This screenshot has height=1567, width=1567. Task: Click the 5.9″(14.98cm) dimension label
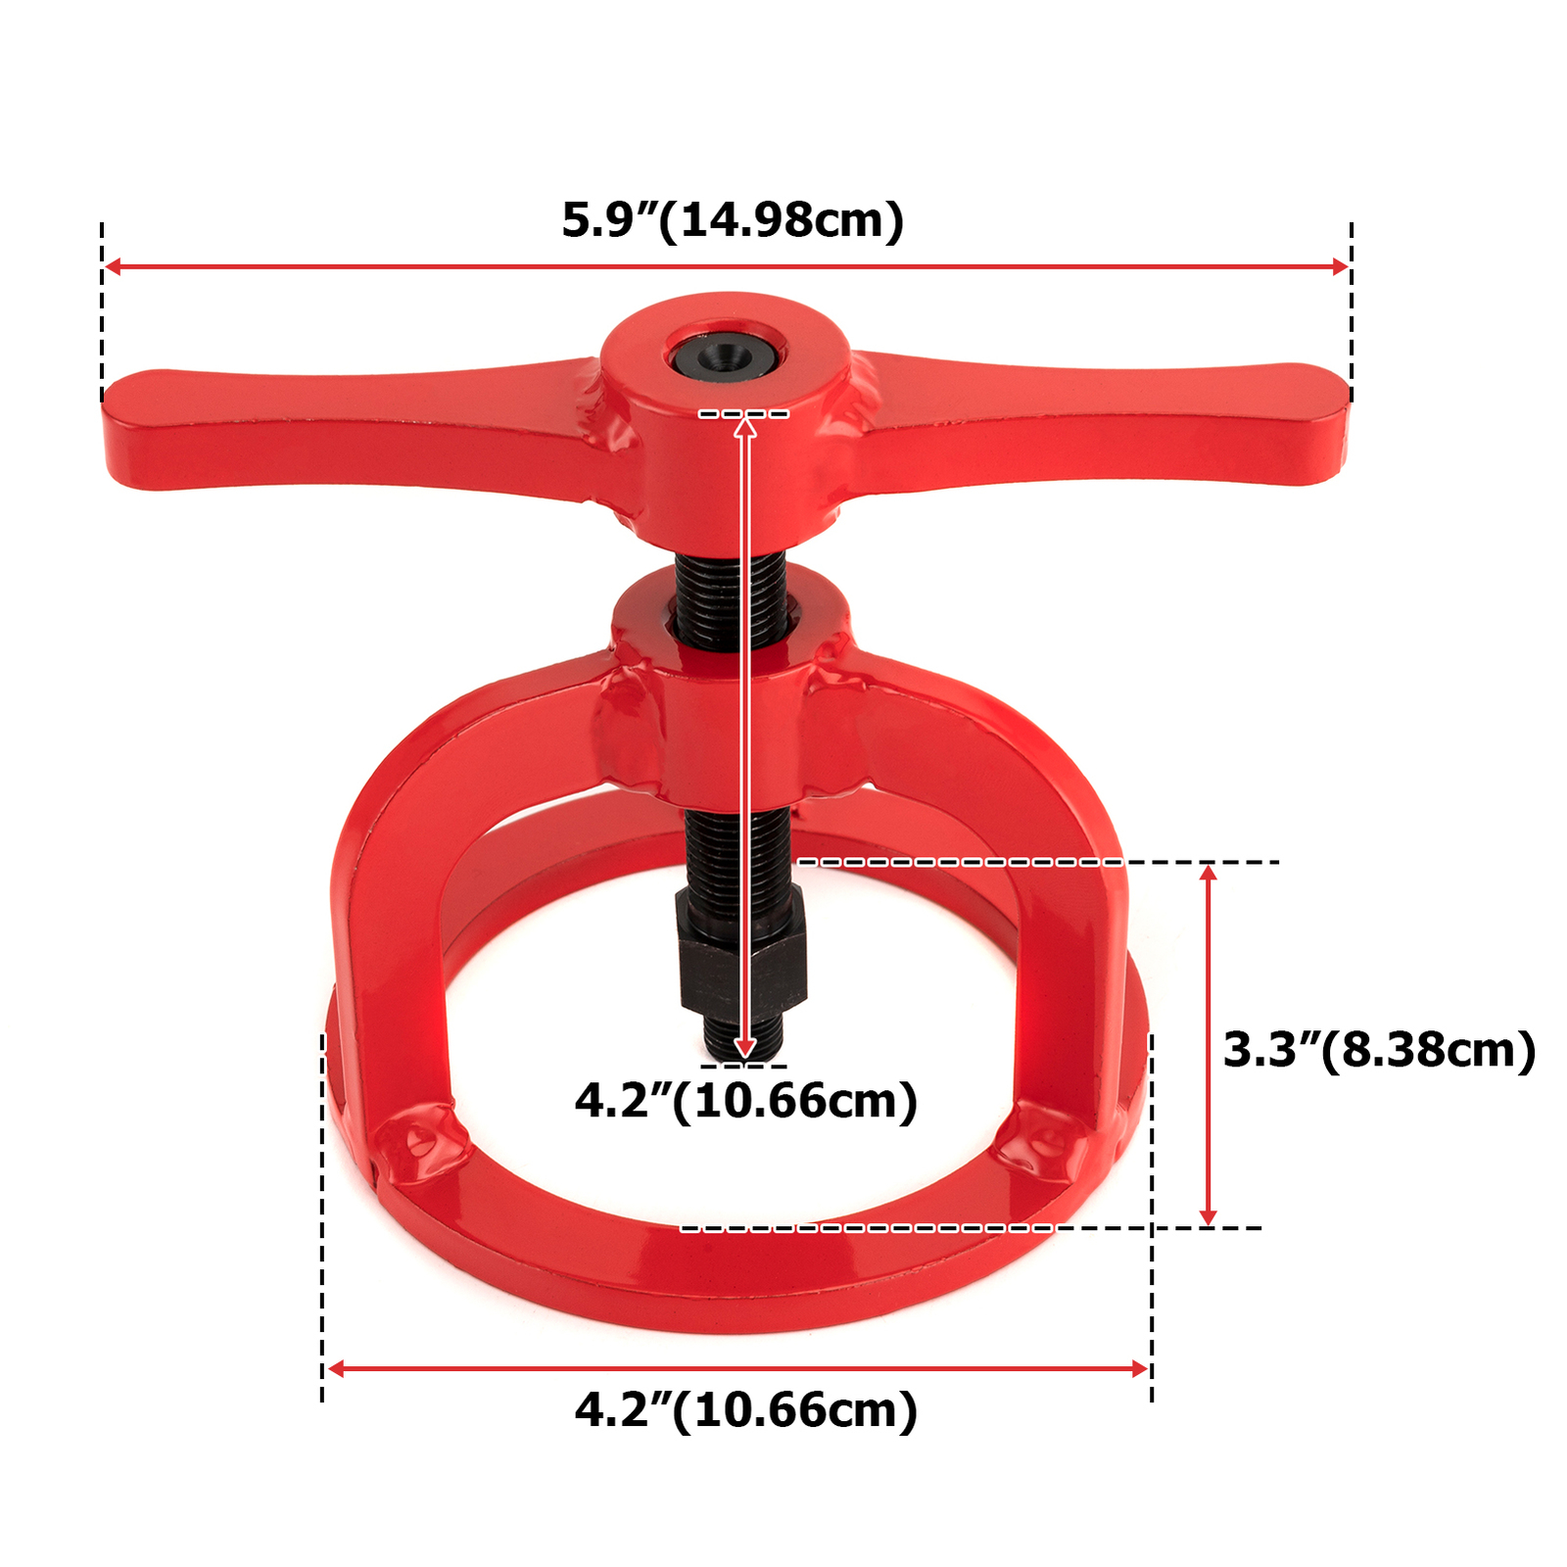733,219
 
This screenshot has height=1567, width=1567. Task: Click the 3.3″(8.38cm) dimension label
1379,1050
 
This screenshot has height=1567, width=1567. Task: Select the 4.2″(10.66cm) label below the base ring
745,1410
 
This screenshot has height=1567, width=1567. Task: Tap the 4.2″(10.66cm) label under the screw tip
745,1101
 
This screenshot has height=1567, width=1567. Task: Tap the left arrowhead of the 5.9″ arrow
113,266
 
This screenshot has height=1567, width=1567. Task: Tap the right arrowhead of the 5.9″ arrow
1341,266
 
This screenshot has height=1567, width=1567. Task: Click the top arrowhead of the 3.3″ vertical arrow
1209,872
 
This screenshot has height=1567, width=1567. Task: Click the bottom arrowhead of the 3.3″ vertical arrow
1209,1217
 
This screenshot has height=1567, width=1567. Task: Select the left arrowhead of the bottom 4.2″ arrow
336,1368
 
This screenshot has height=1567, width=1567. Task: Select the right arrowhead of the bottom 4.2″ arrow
1139,1368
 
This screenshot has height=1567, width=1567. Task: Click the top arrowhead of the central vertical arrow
745,424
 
